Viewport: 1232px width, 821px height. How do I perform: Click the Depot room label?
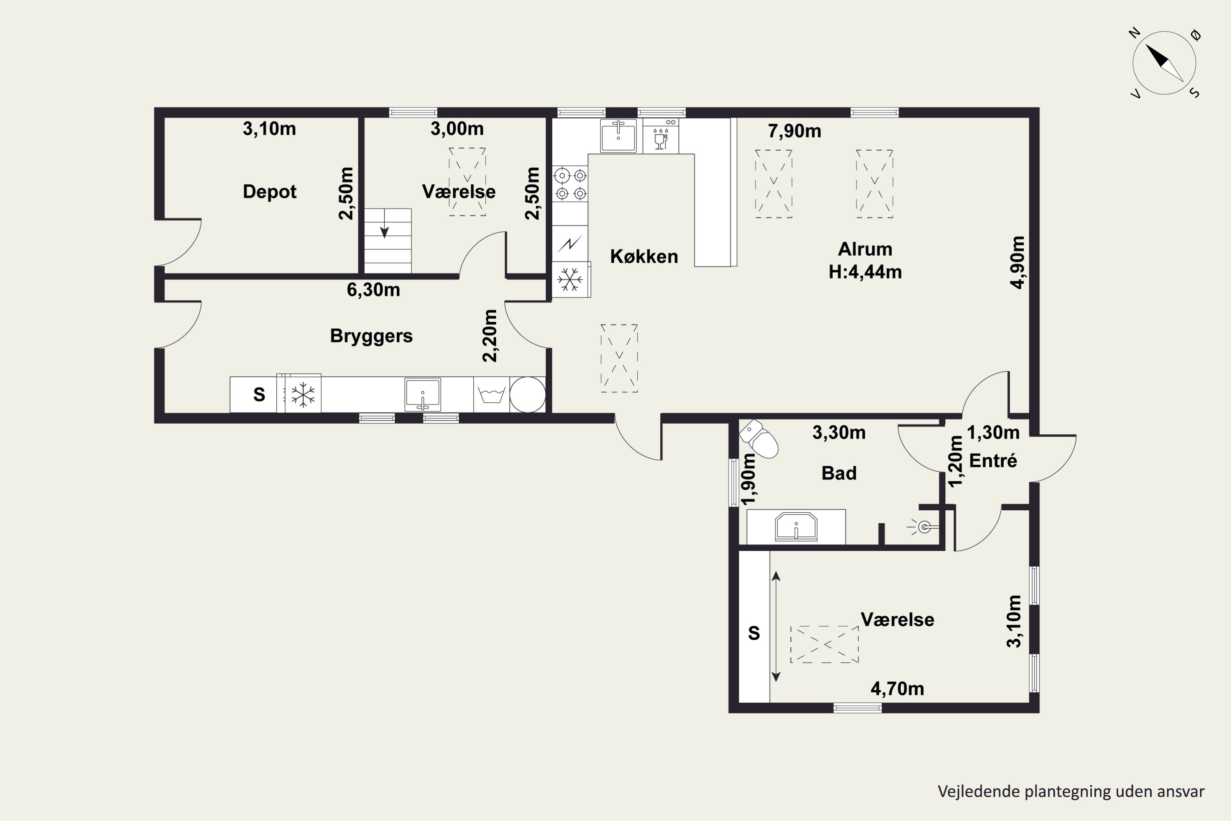tap(269, 192)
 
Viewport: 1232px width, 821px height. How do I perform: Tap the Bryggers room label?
tap(371, 336)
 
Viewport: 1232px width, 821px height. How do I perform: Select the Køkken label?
tap(644, 256)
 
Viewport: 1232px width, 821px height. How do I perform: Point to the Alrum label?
tap(865, 249)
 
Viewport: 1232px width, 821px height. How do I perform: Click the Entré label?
tap(993, 460)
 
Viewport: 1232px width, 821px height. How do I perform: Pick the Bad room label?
tap(839, 473)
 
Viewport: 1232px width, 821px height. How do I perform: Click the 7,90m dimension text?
tap(794, 131)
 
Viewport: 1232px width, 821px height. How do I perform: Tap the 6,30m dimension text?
tap(373, 289)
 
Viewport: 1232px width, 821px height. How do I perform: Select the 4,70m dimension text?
tap(897, 688)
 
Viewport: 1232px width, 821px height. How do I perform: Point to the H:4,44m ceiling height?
tap(865, 272)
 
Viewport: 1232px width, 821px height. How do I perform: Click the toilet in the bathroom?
tap(759, 438)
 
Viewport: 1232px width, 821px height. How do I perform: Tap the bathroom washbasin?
tap(796, 526)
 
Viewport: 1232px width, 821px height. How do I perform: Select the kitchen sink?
tap(618, 135)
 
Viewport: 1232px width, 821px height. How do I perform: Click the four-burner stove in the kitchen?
tap(570, 184)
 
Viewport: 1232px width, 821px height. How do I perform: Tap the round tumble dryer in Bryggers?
tap(527, 395)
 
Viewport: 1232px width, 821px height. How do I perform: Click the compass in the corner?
tap(1164, 63)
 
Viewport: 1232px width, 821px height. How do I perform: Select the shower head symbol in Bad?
tap(923, 527)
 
